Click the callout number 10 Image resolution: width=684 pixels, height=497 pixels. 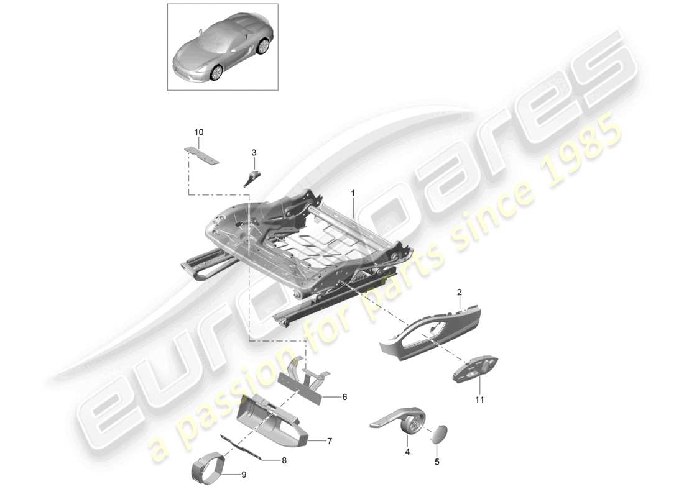pyautogui.click(x=199, y=132)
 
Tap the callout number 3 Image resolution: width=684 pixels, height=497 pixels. pyautogui.click(x=254, y=152)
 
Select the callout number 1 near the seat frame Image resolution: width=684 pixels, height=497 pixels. pyautogui.click(x=353, y=193)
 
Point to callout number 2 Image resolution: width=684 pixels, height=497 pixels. pyautogui.click(x=460, y=292)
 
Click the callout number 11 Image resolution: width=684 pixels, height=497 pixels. pyautogui.click(x=479, y=399)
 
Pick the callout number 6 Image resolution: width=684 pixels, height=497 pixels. pyautogui.click(x=344, y=396)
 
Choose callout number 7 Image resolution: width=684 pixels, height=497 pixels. pyautogui.click(x=330, y=441)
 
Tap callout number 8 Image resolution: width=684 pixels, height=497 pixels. pyautogui.click(x=284, y=460)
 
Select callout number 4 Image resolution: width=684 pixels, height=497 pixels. pyautogui.click(x=407, y=453)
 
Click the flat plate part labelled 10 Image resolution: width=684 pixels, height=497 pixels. pyautogui.click(x=203, y=155)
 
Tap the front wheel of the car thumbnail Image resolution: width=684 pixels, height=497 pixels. pyautogui.click(x=216, y=73)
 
